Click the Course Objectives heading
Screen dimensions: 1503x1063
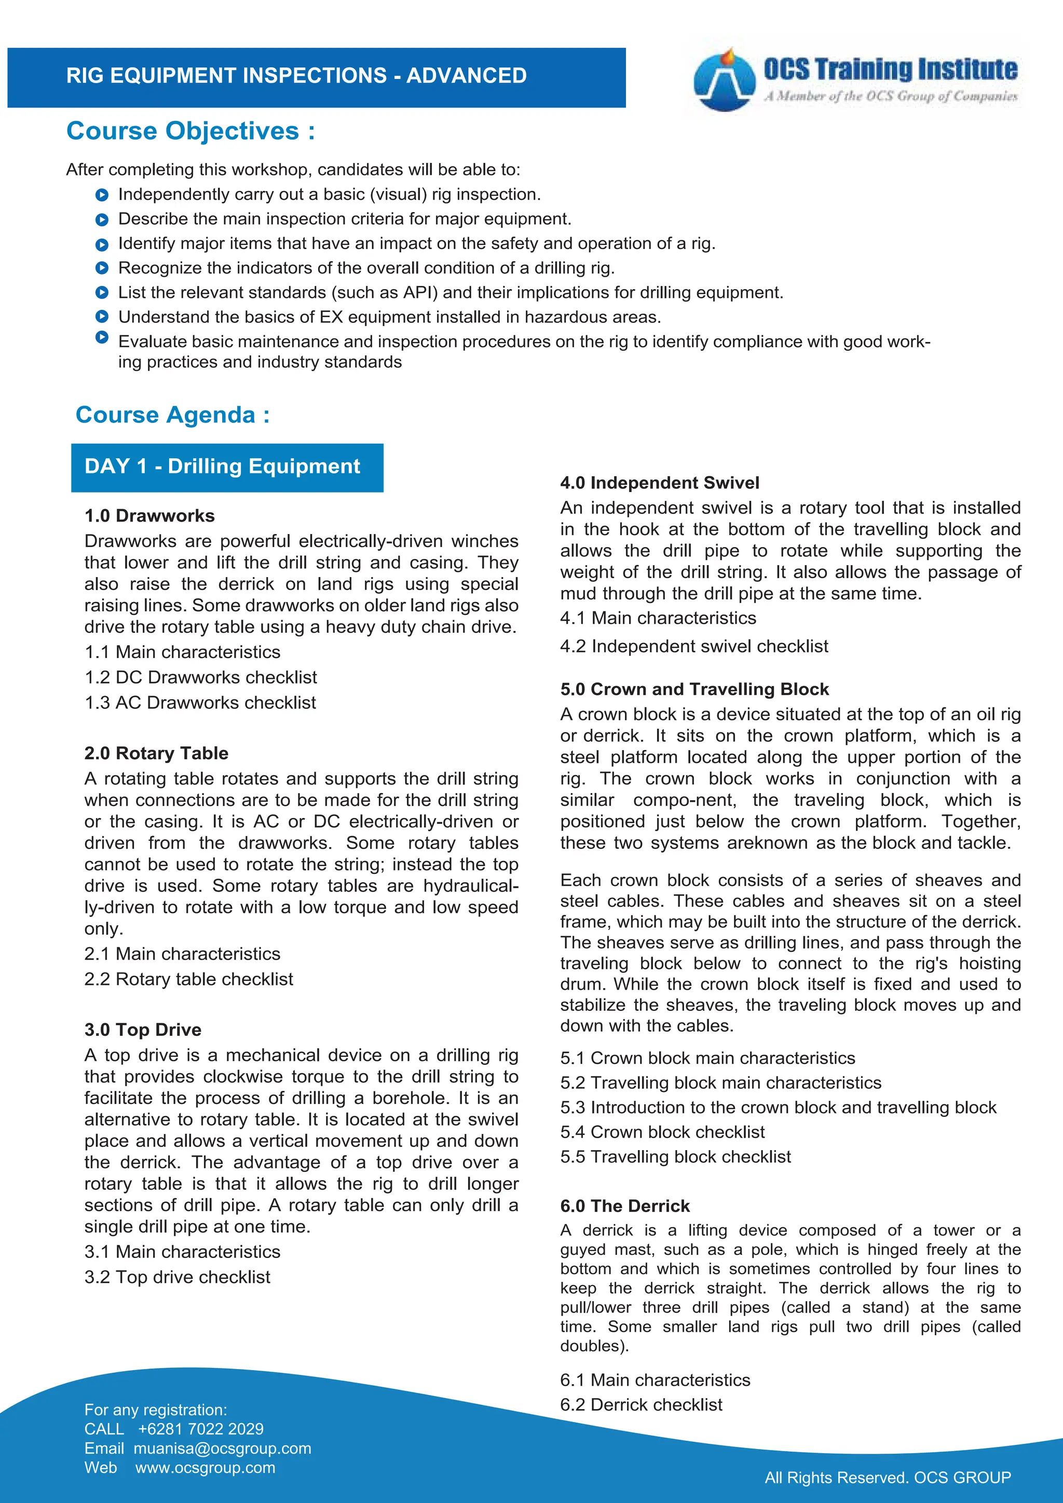(190, 131)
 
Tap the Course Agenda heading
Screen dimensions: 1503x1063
(173, 415)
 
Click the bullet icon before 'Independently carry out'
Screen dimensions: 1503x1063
(101, 195)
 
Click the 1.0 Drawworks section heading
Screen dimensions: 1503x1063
(149, 516)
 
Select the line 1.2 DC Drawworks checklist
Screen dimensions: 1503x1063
(200, 677)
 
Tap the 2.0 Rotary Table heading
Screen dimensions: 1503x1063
(156, 754)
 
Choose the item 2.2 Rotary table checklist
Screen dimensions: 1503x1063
(188, 979)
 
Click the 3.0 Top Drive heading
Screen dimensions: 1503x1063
(143, 1030)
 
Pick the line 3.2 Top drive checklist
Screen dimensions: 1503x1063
(178, 1277)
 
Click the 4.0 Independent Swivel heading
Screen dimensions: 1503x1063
(659, 483)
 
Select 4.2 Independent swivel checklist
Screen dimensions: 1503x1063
(694, 647)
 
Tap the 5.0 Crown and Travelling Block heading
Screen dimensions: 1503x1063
(694, 689)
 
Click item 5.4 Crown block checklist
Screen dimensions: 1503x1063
(662, 1132)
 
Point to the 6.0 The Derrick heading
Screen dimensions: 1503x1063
(624, 1207)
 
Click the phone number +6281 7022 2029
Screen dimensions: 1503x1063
(200, 1429)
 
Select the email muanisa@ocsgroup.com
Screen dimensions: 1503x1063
(223, 1449)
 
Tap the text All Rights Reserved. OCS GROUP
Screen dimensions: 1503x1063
(888, 1478)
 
